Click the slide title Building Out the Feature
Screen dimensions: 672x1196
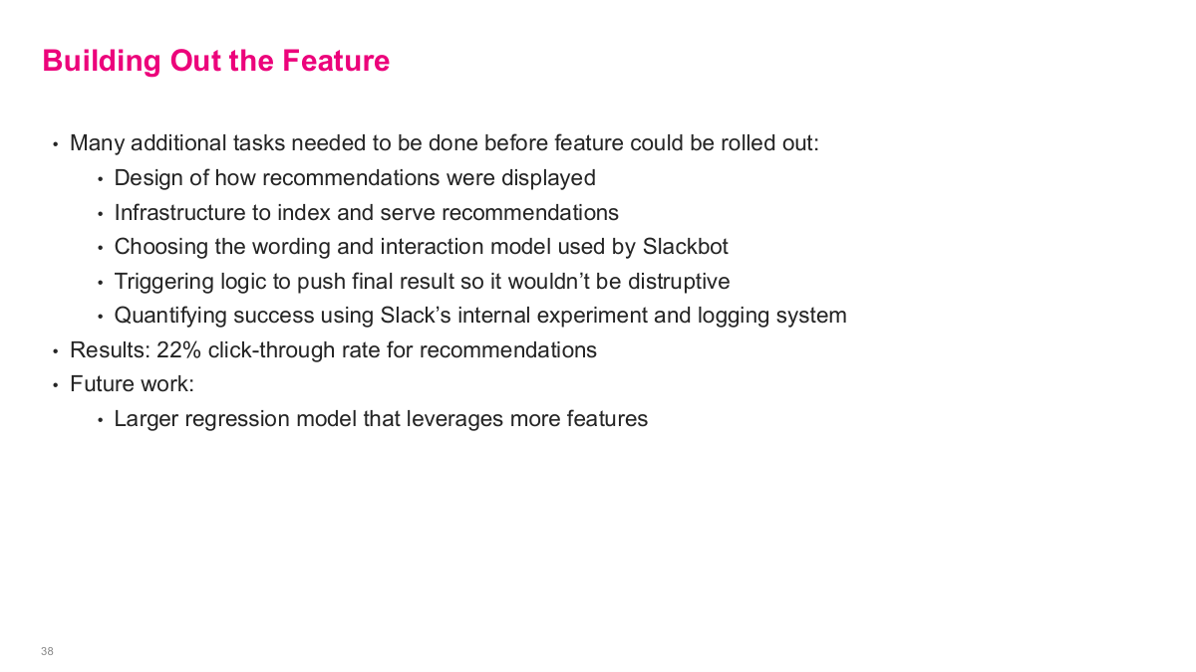tap(215, 61)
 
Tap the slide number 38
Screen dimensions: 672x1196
tap(47, 651)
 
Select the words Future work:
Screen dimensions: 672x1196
tap(132, 384)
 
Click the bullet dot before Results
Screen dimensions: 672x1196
tap(56, 351)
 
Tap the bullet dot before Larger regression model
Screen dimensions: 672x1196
tap(100, 420)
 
